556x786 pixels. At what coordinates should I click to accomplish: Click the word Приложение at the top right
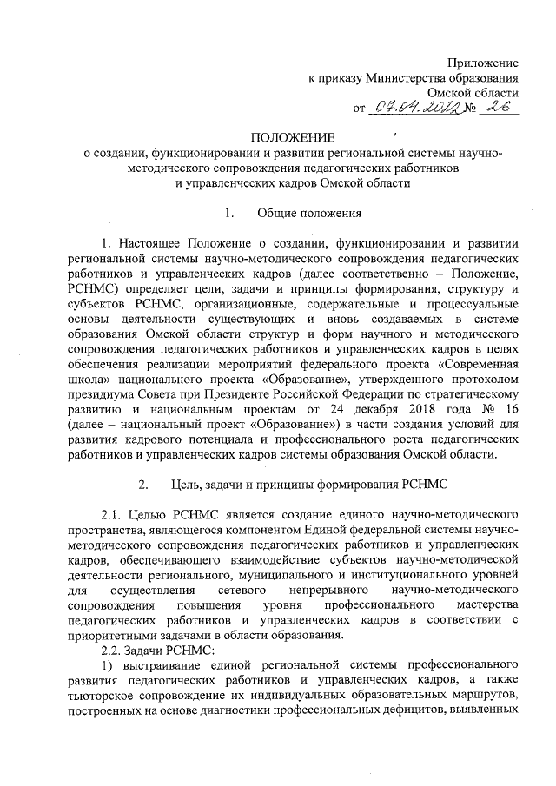483,63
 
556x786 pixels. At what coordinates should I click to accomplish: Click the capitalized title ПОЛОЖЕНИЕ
291,138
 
